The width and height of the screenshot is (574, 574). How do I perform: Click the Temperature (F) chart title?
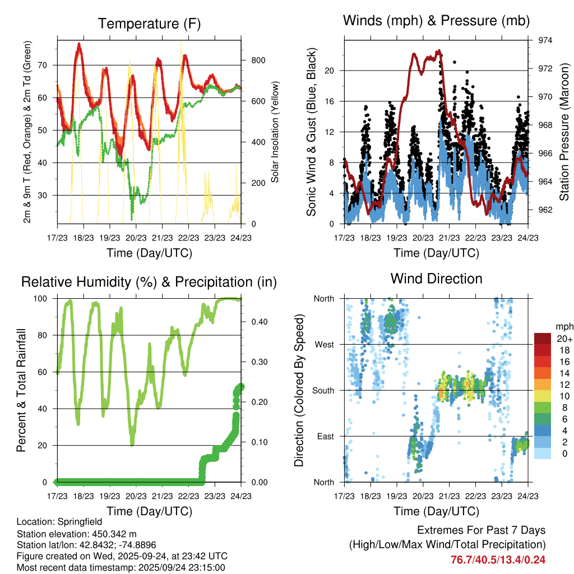(x=149, y=24)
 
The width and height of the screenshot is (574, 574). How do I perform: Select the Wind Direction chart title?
(x=436, y=278)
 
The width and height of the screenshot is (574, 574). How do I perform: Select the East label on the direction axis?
(x=325, y=436)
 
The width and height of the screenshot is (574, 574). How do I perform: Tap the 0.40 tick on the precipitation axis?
(x=255, y=322)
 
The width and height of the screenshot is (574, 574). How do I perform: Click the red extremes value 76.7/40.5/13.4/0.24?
(x=498, y=559)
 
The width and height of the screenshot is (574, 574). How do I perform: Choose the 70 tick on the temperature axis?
(x=48, y=65)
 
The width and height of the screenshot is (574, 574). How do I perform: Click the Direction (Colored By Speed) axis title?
(x=299, y=390)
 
